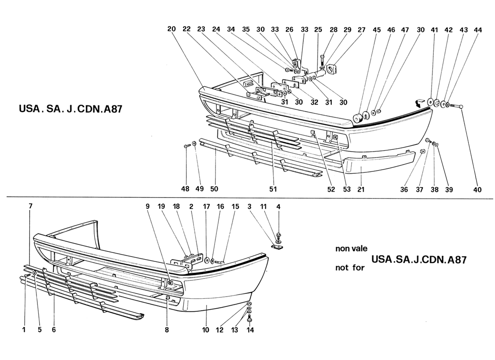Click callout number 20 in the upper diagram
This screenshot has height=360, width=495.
(171, 29)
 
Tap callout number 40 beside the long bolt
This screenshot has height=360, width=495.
(477, 189)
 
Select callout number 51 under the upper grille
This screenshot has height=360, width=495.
(273, 189)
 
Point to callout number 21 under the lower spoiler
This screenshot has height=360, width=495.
(360, 189)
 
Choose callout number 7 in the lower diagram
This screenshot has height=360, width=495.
(31, 206)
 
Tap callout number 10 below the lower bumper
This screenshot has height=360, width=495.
(206, 330)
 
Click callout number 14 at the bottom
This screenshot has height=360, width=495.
(250, 330)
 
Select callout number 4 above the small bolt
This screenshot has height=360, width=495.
(279, 207)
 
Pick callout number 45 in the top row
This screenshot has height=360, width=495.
(377, 30)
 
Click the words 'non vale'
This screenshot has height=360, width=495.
(351, 248)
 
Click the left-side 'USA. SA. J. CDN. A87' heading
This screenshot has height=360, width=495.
(71, 109)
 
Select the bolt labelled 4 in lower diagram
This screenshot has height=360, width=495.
(279, 235)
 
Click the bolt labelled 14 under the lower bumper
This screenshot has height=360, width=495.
(250, 320)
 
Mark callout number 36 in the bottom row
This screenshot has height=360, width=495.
(404, 189)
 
